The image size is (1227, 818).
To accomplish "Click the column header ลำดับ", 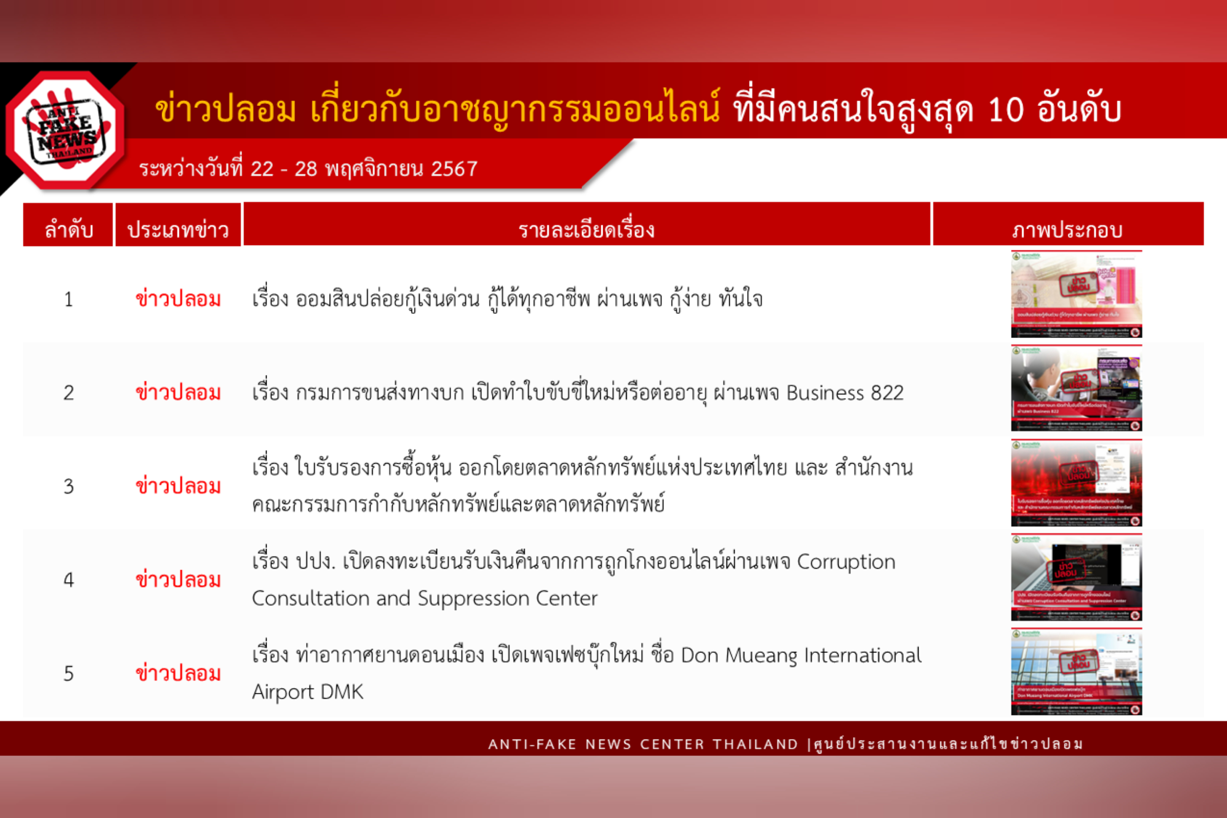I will pyautogui.click(x=68, y=230).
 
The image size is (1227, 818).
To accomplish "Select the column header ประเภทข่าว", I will pyautogui.click(x=178, y=230).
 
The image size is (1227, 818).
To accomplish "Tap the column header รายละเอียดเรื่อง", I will pyautogui.click(x=586, y=230).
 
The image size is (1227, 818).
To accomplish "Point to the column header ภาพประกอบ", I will pyautogui.click(x=1067, y=230).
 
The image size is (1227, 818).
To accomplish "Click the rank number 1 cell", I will pyautogui.click(x=68, y=300).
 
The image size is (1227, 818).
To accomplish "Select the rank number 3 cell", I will pyautogui.click(x=68, y=487).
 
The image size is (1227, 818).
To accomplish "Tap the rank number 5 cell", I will pyautogui.click(x=68, y=674).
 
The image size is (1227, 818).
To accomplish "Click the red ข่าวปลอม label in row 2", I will pyautogui.click(x=178, y=393).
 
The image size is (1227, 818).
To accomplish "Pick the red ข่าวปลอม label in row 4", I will pyautogui.click(x=178, y=580).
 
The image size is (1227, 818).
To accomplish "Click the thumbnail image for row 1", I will pyautogui.click(x=1076, y=294).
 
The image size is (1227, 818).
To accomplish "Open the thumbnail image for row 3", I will pyautogui.click(x=1076, y=482).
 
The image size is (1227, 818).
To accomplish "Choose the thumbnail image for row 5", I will pyautogui.click(x=1076, y=672).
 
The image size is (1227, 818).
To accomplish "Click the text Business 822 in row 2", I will pyautogui.click(x=845, y=393).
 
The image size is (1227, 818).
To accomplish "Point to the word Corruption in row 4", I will pyautogui.click(x=846, y=562).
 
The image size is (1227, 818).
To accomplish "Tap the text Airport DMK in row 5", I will pyautogui.click(x=307, y=692).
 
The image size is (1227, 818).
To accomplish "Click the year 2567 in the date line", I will pyautogui.click(x=454, y=169).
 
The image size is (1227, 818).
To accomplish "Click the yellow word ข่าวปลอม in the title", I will pyautogui.click(x=225, y=110).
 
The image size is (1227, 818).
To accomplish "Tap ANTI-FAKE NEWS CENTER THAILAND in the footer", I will pyautogui.click(x=643, y=744).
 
